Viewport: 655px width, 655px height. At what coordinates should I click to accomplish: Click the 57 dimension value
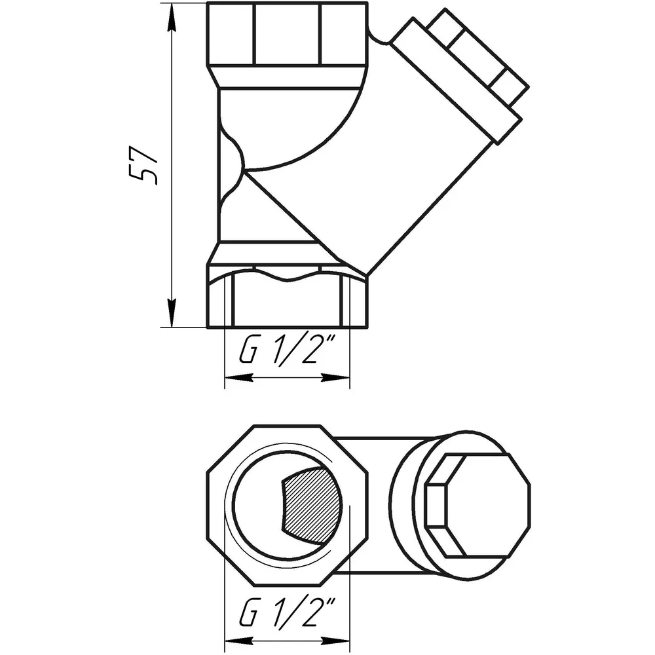(x=143, y=165)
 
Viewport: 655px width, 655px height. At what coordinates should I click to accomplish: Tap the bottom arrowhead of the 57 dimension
(x=171, y=313)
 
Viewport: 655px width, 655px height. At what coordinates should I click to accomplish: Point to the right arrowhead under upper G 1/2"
(x=335, y=378)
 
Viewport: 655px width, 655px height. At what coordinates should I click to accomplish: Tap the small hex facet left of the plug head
(x=435, y=505)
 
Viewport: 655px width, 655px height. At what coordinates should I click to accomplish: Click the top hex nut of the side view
(x=288, y=34)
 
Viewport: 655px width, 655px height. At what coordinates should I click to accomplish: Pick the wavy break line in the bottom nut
(x=288, y=275)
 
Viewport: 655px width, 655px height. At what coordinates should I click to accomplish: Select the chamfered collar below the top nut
(x=288, y=77)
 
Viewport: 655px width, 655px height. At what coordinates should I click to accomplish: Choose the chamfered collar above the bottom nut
(x=267, y=252)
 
